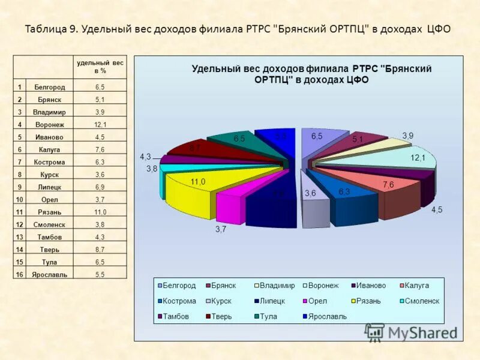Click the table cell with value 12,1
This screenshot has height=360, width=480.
(x=100, y=124)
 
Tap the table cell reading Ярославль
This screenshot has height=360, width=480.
(x=53, y=274)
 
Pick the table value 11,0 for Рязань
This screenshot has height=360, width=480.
(x=100, y=212)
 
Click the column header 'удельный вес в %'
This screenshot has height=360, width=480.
(x=100, y=67)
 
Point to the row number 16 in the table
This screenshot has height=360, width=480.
(x=20, y=274)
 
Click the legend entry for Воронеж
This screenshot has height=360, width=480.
(x=322, y=286)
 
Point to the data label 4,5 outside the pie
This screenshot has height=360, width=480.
(x=439, y=209)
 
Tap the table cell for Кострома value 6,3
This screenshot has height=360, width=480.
(x=100, y=162)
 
